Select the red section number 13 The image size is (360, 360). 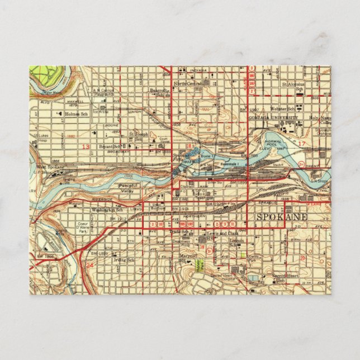[x=85, y=146]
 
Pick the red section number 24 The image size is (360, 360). [x=90, y=266]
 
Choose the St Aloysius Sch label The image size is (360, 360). [x=292, y=86]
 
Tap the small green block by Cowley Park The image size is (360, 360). [x=243, y=254]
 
